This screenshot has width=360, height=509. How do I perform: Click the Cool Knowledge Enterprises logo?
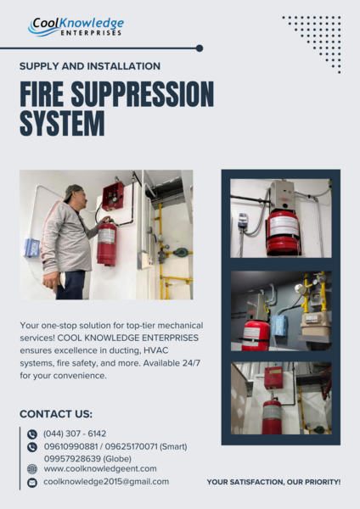pyautogui.click(x=76, y=26)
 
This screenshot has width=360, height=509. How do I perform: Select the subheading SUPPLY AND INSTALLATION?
pyautogui.click(x=90, y=65)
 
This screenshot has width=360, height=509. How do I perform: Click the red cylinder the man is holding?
pyautogui.click(x=107, y=243)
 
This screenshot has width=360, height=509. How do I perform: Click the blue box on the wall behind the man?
pyautogui.click(x=32, y=248)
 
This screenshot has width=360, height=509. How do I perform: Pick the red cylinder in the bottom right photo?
pyautogui.click(x=272, y=416)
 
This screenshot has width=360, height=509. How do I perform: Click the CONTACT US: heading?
pyautogui.click(x=56, y=414)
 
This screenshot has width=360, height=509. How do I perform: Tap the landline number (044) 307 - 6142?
pyautogui.click(x=75, y=433)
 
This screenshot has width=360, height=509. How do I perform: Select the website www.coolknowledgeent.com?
pyautogui.click(x=100, y=468)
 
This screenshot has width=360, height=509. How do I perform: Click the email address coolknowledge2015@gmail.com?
pyautogui.click(x=106, y=481)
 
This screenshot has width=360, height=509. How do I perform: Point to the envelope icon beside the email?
pyautogui.click(x=32, y=482)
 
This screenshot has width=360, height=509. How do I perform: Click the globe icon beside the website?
pyautogui.click(x=32, y=468)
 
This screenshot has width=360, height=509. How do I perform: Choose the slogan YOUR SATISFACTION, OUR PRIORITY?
pyautogui.click(x=273, y=482)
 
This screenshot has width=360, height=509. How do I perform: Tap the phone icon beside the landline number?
pyautogui.click(x=32, y=433)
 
